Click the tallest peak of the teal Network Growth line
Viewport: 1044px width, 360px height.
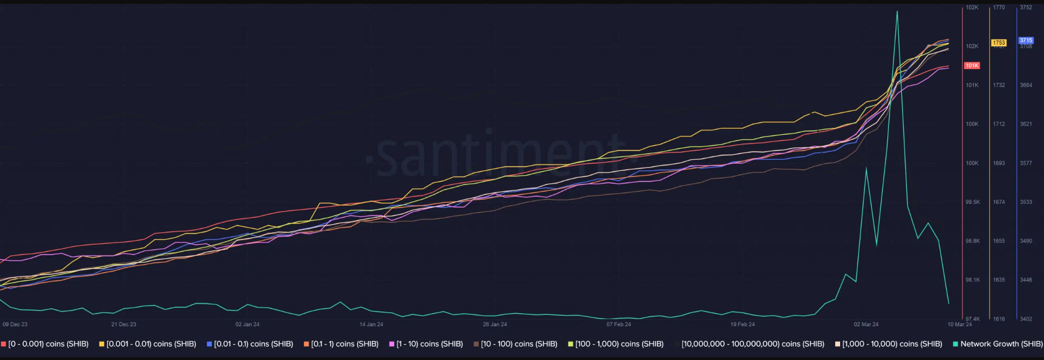point(897,11)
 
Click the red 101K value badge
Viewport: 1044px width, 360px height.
point(972,65)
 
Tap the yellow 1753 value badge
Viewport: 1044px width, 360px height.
point(999,42)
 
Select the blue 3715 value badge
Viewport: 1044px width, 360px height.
point(1026,40)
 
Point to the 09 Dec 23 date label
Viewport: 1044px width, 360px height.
point(15,324)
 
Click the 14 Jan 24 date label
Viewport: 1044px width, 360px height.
point(371,324)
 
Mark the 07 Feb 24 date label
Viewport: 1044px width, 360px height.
point(619,324)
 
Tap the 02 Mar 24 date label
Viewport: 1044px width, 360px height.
point(866,324)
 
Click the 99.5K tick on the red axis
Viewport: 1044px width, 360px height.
point(972,202)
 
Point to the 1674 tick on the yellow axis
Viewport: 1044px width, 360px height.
point(999,202)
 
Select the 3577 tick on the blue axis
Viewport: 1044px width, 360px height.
point(1026,163)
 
